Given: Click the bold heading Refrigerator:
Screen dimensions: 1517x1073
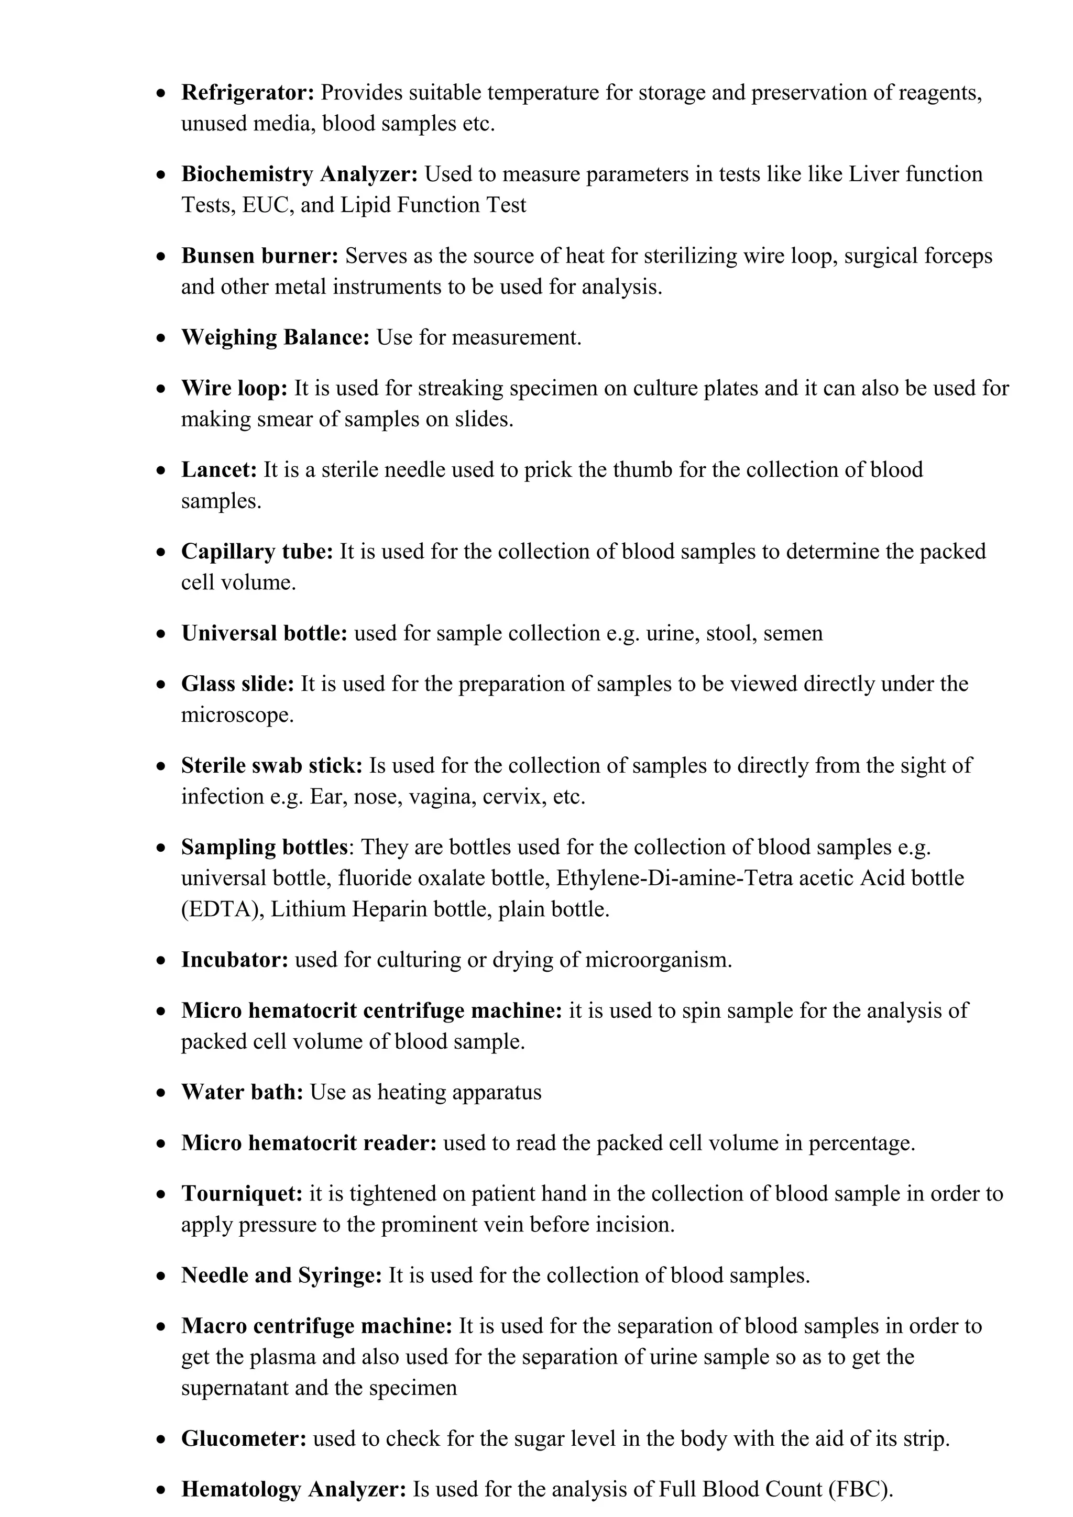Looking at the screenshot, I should coord(248,93).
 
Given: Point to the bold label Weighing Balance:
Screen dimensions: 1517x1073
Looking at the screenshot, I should coord(276,338).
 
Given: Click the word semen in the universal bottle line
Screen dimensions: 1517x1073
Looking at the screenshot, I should coord(793,634).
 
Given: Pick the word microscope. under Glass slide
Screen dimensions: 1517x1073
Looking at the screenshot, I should coord(237,716).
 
